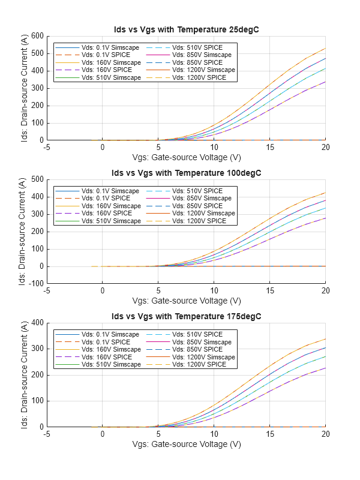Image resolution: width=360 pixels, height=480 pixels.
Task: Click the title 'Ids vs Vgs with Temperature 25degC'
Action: tap(186, 30)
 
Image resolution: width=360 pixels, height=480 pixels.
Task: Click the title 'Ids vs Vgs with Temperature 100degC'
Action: tap(186, 173)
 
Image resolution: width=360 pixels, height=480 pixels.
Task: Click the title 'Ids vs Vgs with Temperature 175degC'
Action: tap(186, 316)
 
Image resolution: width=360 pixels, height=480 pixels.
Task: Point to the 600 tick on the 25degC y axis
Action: tap(36, 36)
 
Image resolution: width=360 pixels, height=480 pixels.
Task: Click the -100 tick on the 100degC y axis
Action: tap(34, 283)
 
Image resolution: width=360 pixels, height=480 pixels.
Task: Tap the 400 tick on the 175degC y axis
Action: tap(36, 323)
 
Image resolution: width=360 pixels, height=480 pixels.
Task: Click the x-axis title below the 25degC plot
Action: tap(186, 158)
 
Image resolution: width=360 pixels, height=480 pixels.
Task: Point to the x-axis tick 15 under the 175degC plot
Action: tap(270, 434)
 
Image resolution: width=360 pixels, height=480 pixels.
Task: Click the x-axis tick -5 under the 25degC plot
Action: tap(47, 148)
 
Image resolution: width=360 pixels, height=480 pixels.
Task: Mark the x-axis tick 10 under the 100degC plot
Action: tap(214, 291)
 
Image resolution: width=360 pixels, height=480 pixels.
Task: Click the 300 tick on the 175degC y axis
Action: tap(36, 349)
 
